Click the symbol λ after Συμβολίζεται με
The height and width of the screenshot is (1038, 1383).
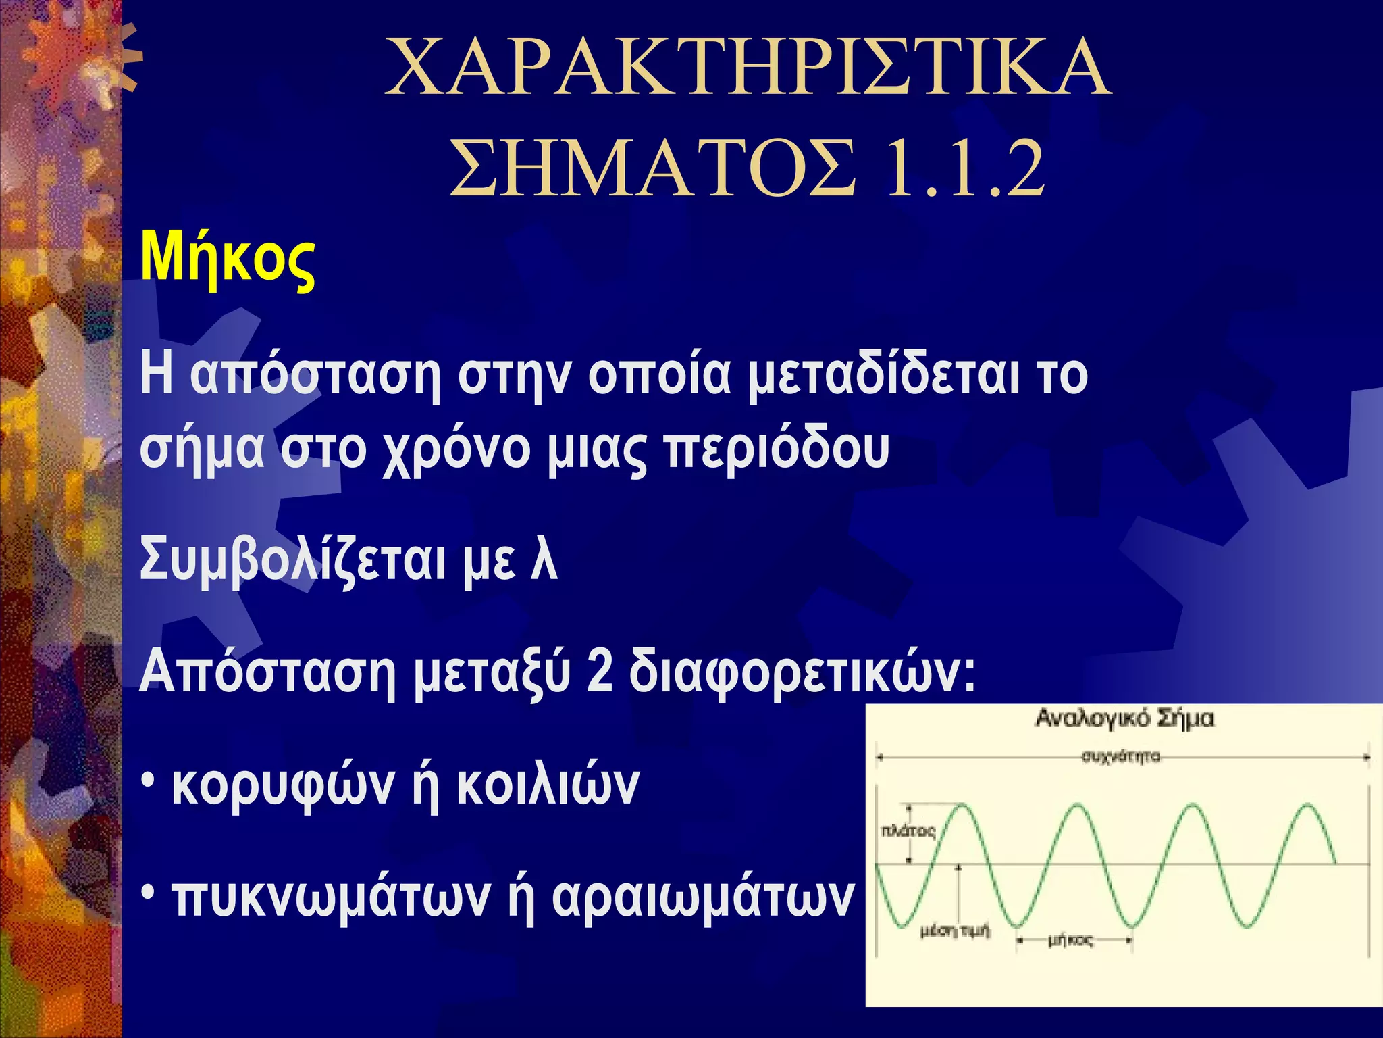(544, 560)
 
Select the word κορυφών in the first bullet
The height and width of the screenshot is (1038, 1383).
(284, 786)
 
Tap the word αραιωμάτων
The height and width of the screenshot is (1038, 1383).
(703, 898)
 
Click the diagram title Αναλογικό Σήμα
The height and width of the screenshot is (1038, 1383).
(1124, 718)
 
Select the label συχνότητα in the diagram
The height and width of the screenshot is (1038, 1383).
(1121, 756)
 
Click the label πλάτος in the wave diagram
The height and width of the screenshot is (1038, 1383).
(908, 831)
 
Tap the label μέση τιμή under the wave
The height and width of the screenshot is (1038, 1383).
(955, 932)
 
